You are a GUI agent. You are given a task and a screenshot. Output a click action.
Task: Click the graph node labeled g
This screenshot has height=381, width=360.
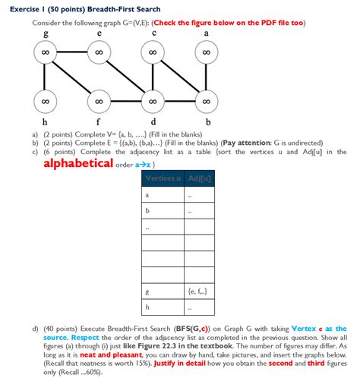coord(46,52)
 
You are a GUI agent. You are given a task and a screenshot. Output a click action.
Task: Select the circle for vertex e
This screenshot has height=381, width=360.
coord(99,52)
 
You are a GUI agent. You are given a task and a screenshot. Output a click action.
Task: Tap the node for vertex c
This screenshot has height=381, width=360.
coord(153,52)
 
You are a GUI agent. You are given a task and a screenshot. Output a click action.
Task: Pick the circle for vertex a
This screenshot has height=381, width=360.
coord(207,52)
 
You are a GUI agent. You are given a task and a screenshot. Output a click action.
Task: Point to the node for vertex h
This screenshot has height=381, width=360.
coord(46,101)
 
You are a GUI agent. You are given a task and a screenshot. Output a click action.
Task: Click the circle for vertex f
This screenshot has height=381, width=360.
coord(99,101)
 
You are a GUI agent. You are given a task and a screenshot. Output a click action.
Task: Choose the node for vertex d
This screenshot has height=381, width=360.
coord(153,101)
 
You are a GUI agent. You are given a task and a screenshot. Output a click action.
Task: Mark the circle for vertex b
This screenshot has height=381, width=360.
coord(207,101)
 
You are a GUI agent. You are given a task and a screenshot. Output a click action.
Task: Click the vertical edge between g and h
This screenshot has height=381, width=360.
coord(46,77)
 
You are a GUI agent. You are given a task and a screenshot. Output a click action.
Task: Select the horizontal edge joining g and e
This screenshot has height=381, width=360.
coord(72,52)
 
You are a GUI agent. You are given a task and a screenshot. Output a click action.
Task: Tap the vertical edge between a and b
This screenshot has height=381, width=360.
coord(207,77)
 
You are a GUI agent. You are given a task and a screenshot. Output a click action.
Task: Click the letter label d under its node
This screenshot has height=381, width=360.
coord(154,121)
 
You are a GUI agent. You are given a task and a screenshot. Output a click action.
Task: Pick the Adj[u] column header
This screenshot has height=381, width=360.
coord(197,178)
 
